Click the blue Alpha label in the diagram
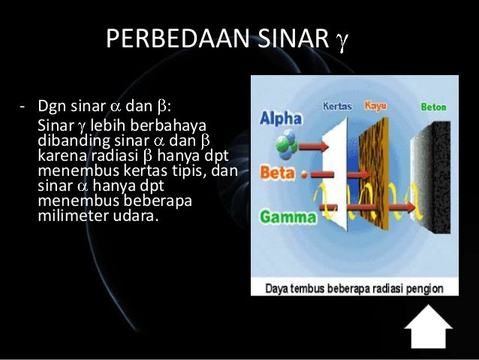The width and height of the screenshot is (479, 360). tap(280, 119)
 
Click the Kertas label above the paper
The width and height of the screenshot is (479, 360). tap(337, 106)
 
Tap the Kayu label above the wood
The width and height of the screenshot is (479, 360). tap(375, 106)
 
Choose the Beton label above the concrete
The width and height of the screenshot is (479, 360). tap(433, 107)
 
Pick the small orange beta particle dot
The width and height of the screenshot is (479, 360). tap(303, 174)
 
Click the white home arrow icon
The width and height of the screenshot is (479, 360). tap(428, 325)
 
